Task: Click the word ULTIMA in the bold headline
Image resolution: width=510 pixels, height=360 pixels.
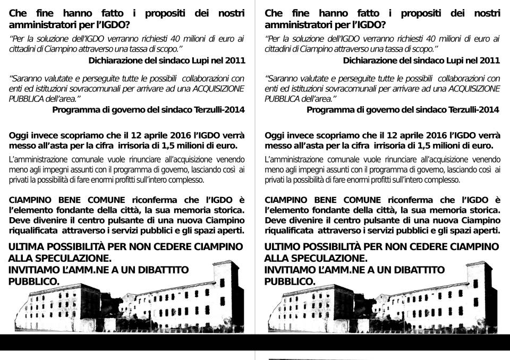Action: click(x=27, y=247)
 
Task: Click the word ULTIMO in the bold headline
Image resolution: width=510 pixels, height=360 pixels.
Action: click(x=283, y=247)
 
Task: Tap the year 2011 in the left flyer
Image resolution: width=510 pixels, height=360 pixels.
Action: click(x=234, y=60)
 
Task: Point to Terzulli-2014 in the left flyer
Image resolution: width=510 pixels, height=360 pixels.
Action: click(x=217, y=110)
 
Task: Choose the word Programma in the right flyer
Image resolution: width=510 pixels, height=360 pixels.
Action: click(x=331, y=110)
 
